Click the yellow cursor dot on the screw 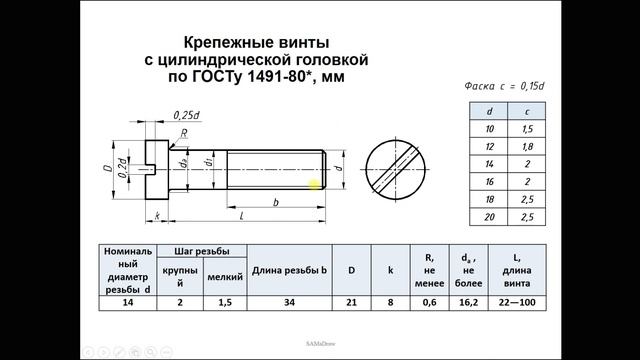314,183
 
